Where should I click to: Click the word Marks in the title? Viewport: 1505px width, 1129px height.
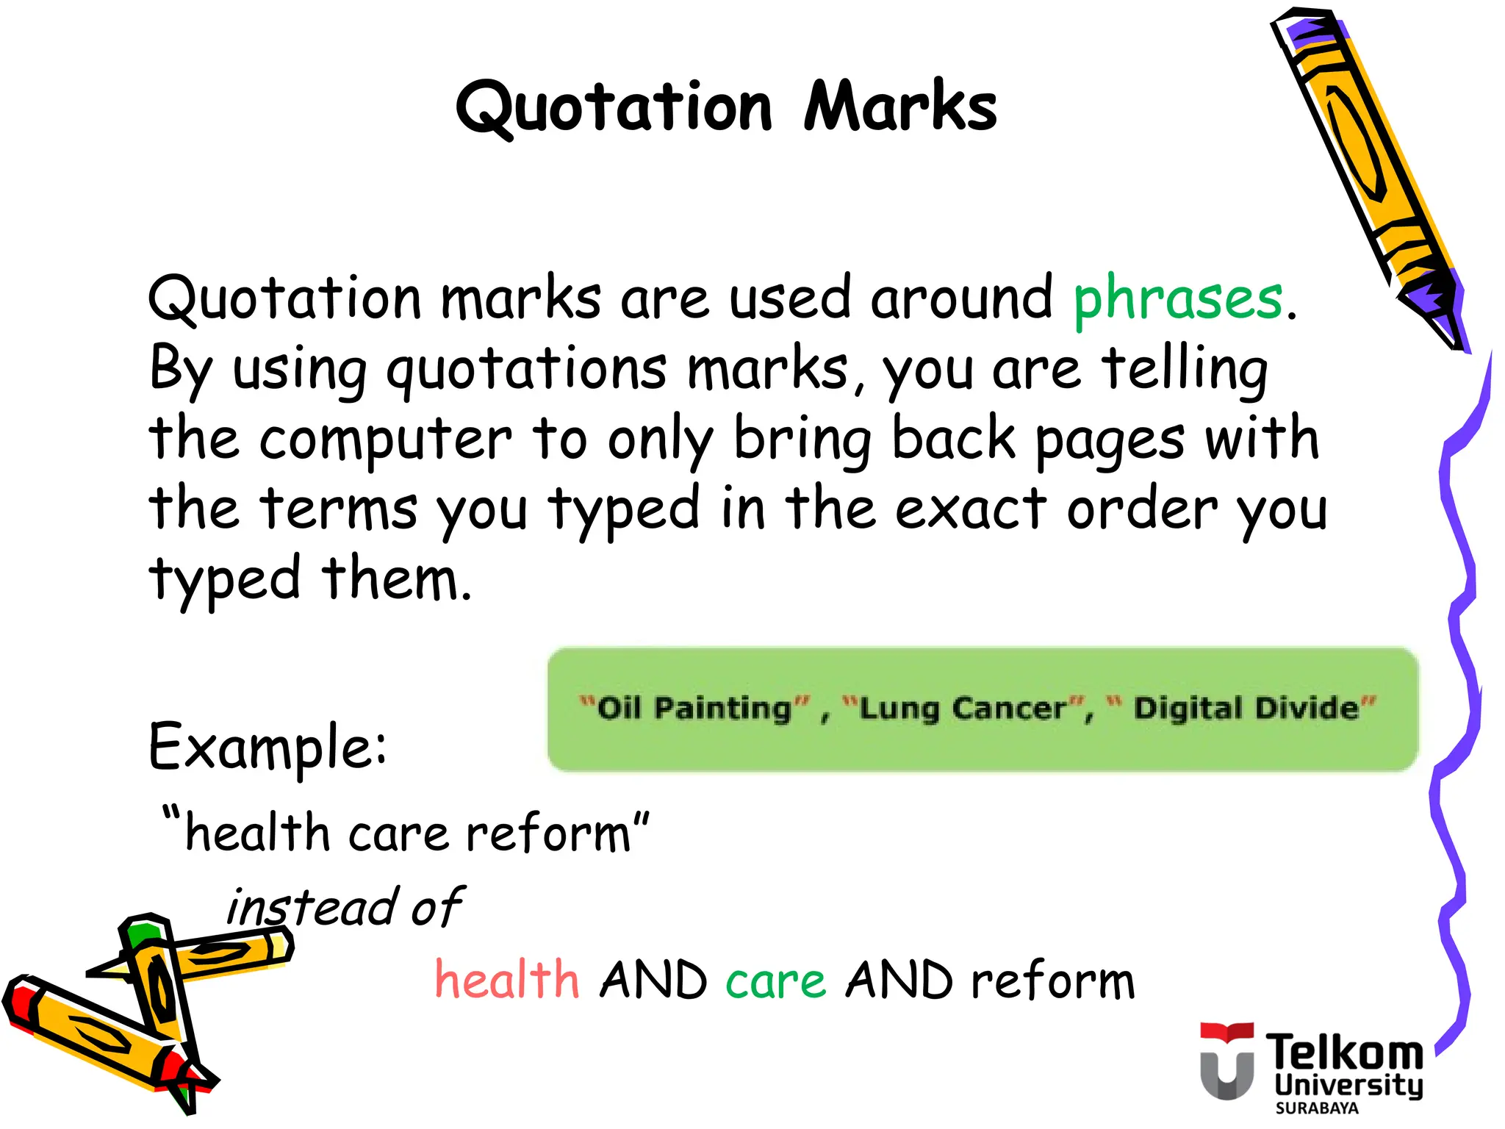pyautogui.click(x=900, y=107)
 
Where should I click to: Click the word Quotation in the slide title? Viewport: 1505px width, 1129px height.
pyautogui.click(x=614, y=109)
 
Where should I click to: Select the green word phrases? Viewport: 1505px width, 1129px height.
pyautogui.click(x=1177, y=300)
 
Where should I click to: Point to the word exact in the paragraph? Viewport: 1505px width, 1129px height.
pyautogui.click(x=971, y=509)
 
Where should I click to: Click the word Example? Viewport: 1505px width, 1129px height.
pyautogui.click(x=267, y=747)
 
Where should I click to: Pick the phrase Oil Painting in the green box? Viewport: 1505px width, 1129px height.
pyautogui.click(x=693, y=709)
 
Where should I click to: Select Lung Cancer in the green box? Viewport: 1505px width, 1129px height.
pyautogui.click(x=963, y=709)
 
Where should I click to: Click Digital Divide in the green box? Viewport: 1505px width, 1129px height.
pyautogui.click(x=1246, y=709)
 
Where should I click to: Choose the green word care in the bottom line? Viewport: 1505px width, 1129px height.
pyautogui.click(x=776, y=981)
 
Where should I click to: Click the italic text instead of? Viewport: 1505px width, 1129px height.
pyautogui.click(x=345, y=908)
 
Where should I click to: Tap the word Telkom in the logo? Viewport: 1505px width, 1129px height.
pyautogui.click(x=1344, y=1052)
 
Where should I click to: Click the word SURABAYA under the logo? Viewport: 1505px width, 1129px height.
pyautogui.click(x=1317, y=1108)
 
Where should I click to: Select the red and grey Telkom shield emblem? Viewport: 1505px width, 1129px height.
pyautogui.click(x=1226, y=1060)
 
